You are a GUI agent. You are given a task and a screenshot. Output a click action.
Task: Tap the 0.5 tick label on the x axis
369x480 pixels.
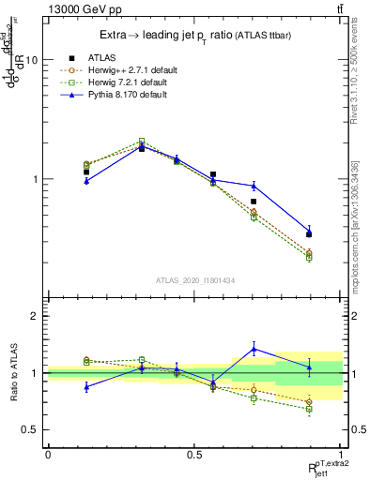(194, 455)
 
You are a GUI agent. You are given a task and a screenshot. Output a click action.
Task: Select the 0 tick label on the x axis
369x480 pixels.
(48, 455)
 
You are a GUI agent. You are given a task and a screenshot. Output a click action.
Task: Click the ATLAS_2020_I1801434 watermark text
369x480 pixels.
(194, 280)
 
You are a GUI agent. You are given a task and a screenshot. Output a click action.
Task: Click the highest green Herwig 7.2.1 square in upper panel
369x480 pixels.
(142, 142)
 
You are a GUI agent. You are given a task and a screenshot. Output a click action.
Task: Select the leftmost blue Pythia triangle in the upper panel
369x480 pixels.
(86, 181)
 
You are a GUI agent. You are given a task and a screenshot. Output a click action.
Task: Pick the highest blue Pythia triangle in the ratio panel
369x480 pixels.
(254, 349)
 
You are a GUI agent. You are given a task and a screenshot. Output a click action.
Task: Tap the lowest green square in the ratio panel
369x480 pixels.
(309, 409)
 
